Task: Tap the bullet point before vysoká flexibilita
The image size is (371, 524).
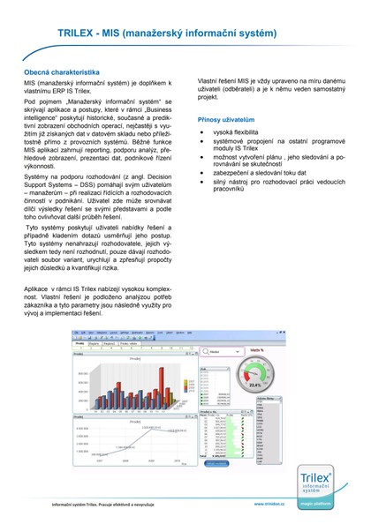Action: (203, 131)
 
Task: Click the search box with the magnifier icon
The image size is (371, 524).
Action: (216, 351)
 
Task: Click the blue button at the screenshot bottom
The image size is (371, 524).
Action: (216, 461)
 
